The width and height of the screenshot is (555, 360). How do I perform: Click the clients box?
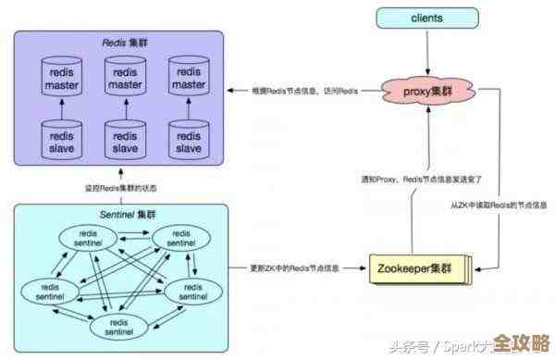(x=427, y=18)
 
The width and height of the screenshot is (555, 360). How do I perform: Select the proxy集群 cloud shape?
(x=427, y=91)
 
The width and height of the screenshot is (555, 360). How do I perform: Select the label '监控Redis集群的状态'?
(x=121, y=189)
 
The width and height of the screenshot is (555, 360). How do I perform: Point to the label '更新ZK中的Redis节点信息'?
(x=295, y=268)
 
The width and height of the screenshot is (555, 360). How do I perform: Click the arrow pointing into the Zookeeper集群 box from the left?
(x=356, y=268)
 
